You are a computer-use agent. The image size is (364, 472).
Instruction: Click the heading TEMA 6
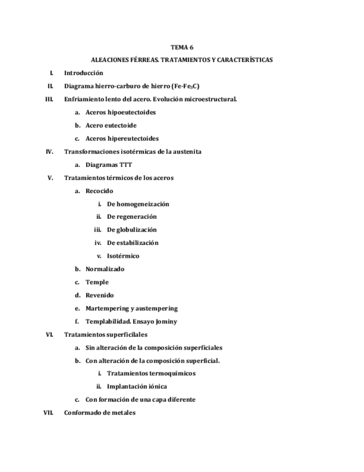pos(182,47)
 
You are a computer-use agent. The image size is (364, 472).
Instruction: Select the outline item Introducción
pos(83,73)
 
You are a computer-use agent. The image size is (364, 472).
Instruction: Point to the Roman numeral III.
pos(48,99)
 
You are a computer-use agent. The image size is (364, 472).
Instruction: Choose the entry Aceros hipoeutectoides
pos(120,112)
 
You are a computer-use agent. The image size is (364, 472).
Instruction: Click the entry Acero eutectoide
pos(111,125)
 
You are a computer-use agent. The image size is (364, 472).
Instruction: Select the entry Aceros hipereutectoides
pos(122,139)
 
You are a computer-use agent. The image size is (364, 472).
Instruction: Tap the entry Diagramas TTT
pos(109,165)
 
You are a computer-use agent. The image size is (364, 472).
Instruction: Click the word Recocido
pos(99,191)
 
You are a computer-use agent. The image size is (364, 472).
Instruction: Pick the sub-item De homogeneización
pos(138,204)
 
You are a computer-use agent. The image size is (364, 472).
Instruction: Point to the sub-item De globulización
pos(132,230)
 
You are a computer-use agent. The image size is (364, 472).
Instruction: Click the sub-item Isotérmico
pos(123,256)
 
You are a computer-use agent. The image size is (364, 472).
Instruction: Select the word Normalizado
pos(105,269)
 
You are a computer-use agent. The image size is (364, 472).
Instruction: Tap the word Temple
pos(97,282)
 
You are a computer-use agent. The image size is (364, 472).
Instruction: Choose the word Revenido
pos(99,296)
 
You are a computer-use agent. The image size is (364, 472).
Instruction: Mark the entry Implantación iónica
pos(137,386)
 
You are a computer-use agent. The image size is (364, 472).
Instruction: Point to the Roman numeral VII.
pos(47,413)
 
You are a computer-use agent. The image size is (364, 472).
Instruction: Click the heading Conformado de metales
pos(99,413)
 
